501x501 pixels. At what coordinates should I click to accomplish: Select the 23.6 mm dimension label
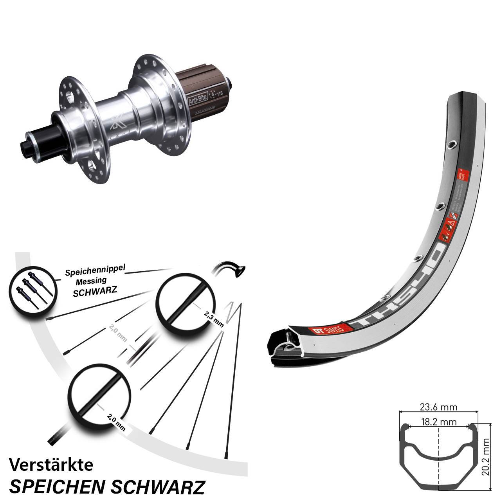[438, 407]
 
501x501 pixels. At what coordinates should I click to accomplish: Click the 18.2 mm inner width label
[438, 422]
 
